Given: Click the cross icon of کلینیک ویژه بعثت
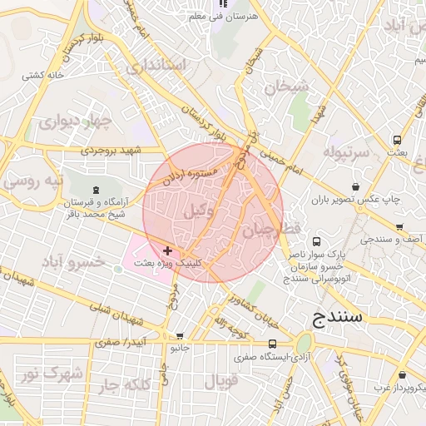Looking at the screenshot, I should click(168, 250).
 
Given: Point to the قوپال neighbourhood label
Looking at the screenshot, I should click(220, 382).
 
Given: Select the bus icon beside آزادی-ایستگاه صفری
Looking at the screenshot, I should click(272, 344).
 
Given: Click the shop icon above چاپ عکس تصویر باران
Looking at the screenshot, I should click(357, 186).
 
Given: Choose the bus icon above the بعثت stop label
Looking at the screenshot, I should click(398, 140).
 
